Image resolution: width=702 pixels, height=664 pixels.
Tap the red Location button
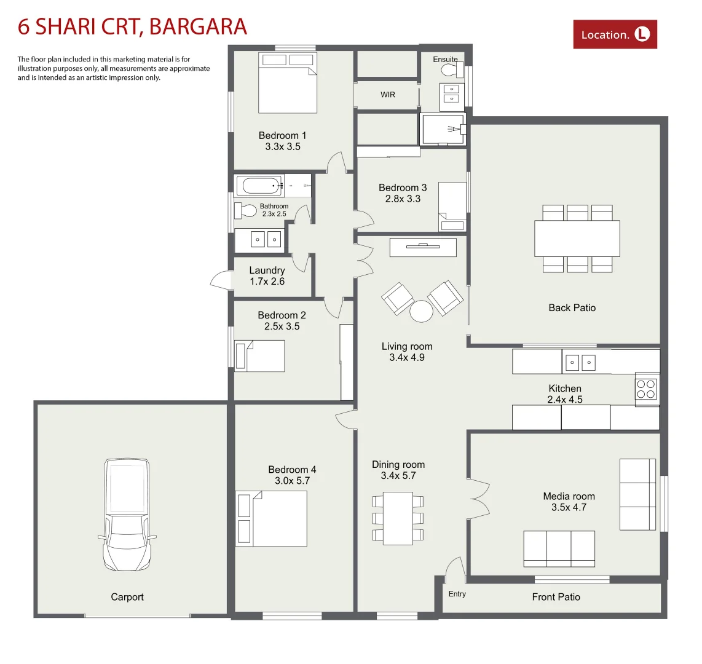click(615, 34)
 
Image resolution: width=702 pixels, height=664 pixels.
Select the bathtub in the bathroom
click(259, 185)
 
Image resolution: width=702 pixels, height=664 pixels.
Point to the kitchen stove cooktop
click(646, 389)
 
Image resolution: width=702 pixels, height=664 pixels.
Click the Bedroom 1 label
click(282, 135)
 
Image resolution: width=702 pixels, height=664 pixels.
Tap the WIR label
click(387, 95)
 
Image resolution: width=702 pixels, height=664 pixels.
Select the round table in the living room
click(422, 311)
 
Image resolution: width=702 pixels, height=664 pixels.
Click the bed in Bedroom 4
click(272, 519)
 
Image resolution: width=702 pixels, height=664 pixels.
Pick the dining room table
click(398, 518)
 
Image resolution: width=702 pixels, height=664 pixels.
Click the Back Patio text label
click(572, 307)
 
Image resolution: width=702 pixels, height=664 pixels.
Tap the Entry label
click(457, 594)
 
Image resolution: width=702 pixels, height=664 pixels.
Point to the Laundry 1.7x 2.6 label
click(267, 276)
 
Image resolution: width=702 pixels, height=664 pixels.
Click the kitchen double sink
click(580, 363)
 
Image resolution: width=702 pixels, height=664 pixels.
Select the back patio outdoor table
click(577, 239)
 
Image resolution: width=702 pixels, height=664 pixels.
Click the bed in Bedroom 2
click(259, 356)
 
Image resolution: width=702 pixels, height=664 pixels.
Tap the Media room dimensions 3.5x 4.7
click(569, 507)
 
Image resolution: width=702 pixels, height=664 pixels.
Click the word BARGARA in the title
click(198, 26)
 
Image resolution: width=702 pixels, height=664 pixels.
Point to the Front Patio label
click(556, 597)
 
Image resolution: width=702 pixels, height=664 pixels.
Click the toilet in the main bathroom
click(246, 211)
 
